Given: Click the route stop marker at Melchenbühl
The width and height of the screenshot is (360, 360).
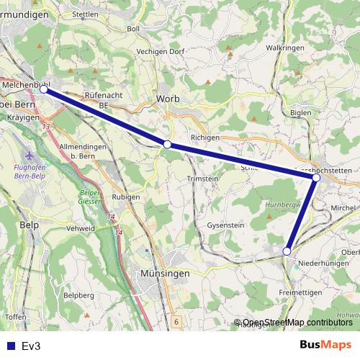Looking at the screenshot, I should pos(44,89).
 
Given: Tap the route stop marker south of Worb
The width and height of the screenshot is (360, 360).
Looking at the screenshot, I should pos(167,145).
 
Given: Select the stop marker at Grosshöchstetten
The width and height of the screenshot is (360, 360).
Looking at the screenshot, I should pos(316,177).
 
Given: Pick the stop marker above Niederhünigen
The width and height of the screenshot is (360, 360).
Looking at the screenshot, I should pos(287,251).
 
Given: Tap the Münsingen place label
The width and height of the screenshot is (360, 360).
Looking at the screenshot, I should pos(166,274).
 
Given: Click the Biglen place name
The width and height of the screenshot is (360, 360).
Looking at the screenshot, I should pos(300,112).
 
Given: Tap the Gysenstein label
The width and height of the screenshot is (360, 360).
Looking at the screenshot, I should pos(226,225).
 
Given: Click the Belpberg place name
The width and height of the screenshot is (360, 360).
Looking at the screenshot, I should pos(79,295).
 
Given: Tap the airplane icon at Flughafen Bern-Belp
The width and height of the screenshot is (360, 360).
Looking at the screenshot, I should pos(28,156).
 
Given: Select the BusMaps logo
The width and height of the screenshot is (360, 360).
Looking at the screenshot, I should pos(325,345).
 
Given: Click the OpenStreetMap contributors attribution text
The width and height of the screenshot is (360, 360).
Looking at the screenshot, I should pos(297,323).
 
